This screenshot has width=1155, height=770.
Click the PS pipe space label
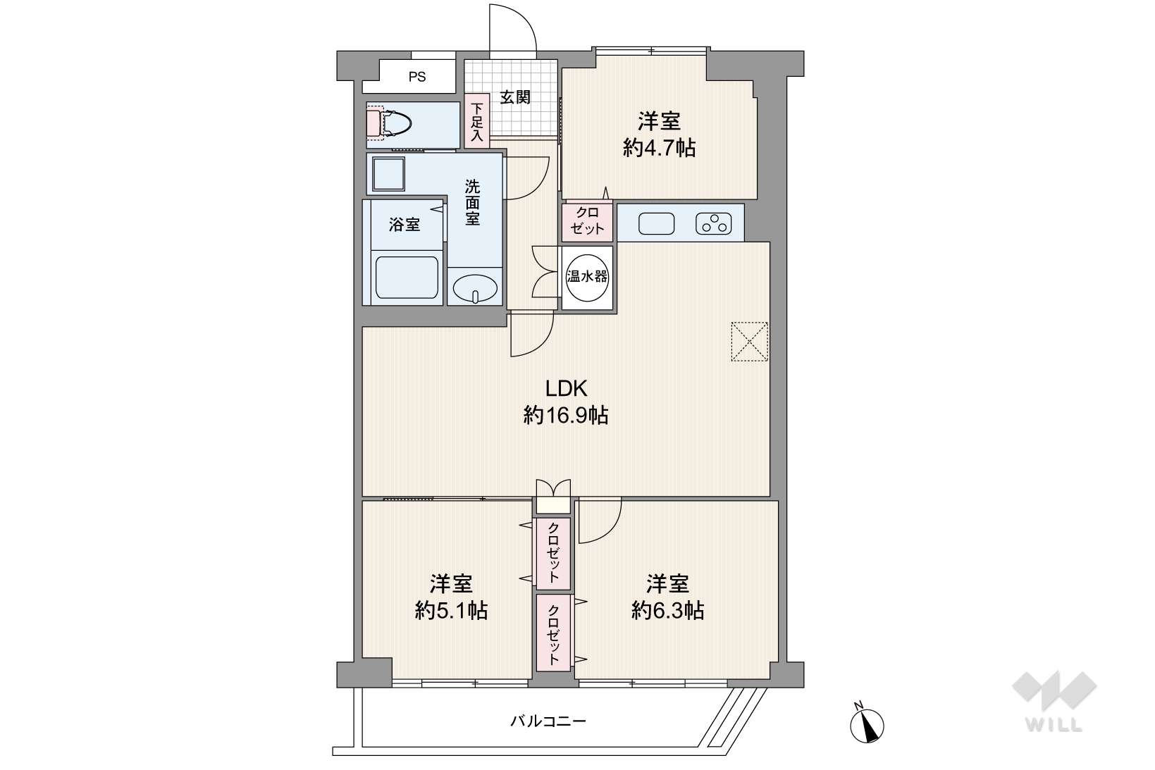pos(417,77)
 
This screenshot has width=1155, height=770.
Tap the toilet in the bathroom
pos(389,123)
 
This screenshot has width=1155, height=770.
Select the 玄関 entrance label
pos(515,97)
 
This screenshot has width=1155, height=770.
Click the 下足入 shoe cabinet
pos(478,120)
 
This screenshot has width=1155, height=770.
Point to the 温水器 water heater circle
pos(587,278)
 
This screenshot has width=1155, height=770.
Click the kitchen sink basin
pos(656,224)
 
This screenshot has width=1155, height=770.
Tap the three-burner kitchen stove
pos(714,224)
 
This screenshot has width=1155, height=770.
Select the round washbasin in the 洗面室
pos(475,288)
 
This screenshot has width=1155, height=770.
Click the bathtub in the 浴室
pos(407,278)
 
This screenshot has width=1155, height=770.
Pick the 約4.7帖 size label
pos(659,149)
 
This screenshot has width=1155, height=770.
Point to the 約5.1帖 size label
pos(451,611)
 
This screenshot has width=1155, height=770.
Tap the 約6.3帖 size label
pos(668,611)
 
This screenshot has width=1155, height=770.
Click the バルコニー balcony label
pos(548,721)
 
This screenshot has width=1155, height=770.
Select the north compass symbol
pos(867,723)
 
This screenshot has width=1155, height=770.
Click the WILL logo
pos(1054,701)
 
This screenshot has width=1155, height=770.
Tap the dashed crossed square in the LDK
pos(750,342)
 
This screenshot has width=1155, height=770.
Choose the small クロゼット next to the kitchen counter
pos(587,222)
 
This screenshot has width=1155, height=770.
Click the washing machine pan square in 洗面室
pos(388,174)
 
